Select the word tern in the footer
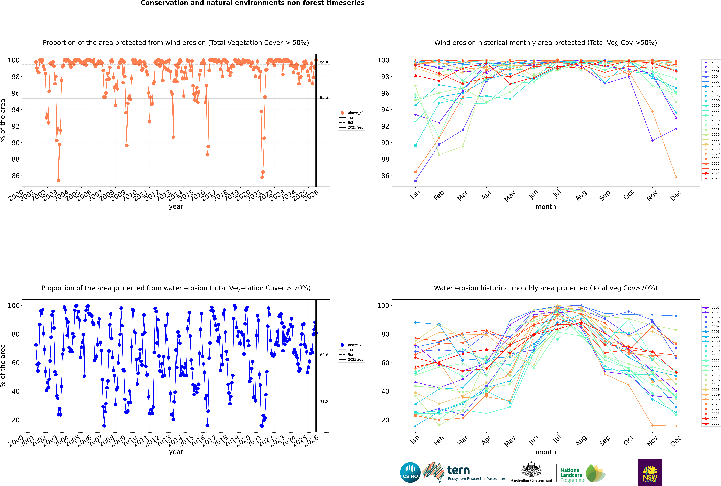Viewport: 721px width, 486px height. point(458,471)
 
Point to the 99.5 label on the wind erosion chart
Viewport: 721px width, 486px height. point(324,63)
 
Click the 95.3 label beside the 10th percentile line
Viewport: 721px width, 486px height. point(324,97)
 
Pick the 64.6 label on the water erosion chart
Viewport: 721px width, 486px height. point(324,355)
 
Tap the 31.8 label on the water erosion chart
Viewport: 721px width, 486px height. point(324,401)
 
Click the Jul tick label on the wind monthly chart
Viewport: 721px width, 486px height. point(557,194)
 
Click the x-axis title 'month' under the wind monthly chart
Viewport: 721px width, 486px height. point(546,207)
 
